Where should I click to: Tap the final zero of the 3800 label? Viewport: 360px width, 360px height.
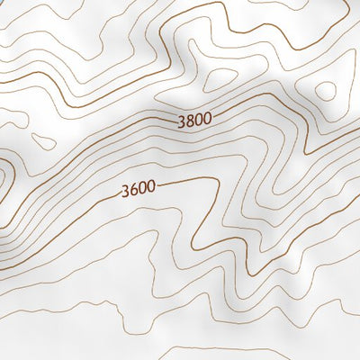click(208, 118)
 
